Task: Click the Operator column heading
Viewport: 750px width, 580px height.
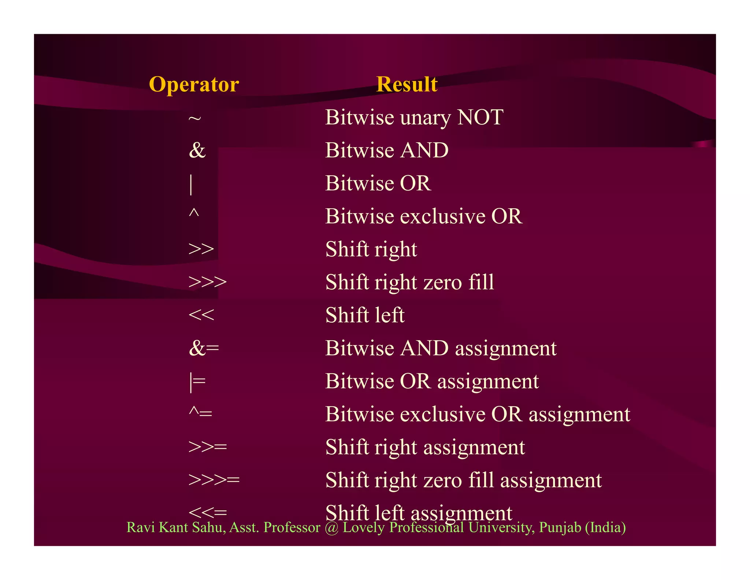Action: [194, 85]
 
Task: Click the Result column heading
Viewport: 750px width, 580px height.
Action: [406, 85]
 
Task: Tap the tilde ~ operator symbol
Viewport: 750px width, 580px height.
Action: [194, 118]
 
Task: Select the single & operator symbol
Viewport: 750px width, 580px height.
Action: [197, 150]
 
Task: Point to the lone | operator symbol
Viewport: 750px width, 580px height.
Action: [191, 184]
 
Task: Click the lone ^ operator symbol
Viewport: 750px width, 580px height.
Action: [194, 213]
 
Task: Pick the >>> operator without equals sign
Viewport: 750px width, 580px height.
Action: [207, 282]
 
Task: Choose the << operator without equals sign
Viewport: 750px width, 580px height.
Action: [201, 315]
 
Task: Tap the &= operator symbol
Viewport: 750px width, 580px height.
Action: [204, 348]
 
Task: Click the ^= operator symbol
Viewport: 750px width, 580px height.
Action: [200, 413]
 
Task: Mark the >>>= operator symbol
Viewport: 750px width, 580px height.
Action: [214, 480]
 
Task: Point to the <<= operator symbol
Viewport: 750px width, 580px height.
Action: [208, 512]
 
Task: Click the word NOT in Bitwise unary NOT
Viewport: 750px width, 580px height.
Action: [480, 118]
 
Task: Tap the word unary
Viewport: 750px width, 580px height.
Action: [425, 118]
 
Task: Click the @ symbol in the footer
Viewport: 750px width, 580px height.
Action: [331, 528]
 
